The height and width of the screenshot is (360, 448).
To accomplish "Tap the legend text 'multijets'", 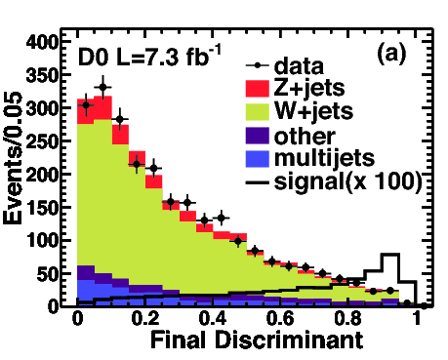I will click(320, 157).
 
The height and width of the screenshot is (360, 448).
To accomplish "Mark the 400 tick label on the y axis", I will click(43, 43).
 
